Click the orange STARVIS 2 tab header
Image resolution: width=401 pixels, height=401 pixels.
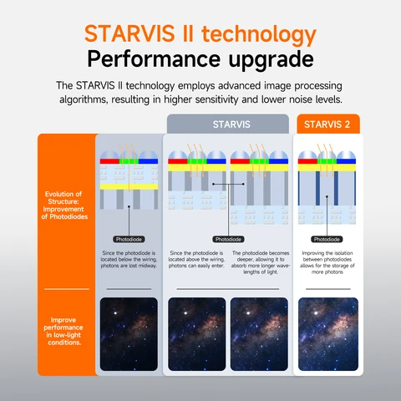328,124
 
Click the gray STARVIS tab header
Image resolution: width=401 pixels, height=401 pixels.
228,124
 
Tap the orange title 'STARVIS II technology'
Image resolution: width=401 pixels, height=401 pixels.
200,35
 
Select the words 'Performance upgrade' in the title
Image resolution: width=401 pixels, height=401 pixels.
200,62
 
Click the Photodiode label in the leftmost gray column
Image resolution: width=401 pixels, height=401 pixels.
128,239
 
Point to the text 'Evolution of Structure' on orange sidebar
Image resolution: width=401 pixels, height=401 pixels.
66,205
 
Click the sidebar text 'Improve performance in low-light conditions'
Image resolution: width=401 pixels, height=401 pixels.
66,331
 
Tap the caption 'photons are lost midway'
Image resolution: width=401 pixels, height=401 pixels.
129,266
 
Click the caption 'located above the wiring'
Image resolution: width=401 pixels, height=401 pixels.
197,259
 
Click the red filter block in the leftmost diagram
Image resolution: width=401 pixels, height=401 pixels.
109,160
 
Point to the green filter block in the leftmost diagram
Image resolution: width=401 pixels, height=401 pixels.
128,160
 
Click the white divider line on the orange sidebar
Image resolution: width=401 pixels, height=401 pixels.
66,288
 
